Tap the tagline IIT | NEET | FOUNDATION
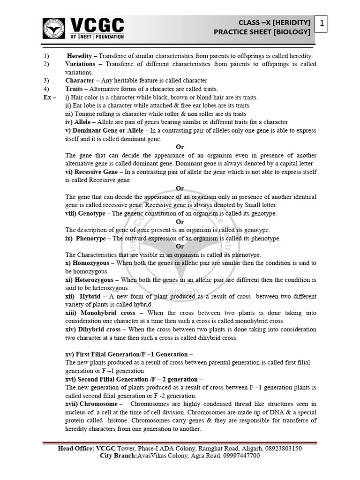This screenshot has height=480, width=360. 97,36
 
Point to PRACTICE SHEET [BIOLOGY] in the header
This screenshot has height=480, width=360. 262,32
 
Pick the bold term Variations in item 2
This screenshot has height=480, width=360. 80,64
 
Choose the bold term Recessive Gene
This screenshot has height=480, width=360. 92,172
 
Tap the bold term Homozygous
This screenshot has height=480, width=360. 88,263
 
